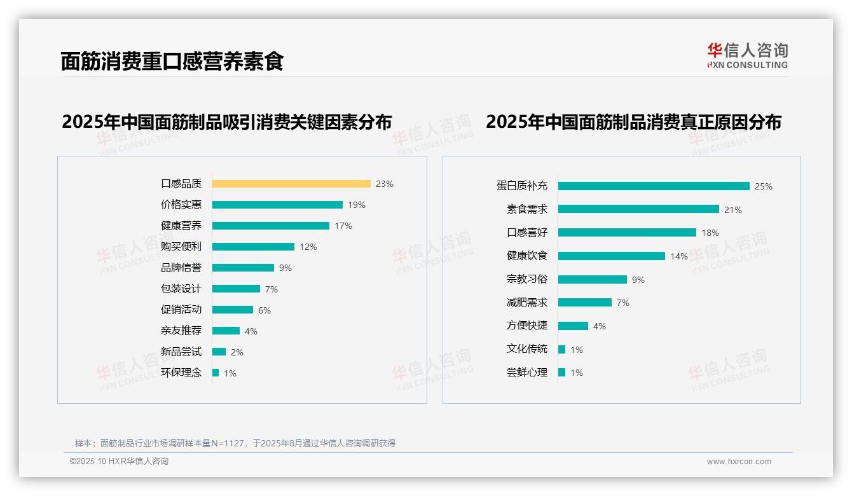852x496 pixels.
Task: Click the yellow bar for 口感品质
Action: [291, 184]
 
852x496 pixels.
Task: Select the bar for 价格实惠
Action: [277, 205]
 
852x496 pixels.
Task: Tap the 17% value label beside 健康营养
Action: [343, 226]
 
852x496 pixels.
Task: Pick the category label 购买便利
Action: [181, 247]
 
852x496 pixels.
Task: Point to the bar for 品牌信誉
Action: [243, 268]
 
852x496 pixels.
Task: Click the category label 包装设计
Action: [181, 289]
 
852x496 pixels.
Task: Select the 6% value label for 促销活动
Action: [265, 310]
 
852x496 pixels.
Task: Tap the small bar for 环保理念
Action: [216, 373]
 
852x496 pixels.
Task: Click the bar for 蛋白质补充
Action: [654, 186]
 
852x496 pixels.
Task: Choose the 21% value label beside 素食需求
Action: [733, 210]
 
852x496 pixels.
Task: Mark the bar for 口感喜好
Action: [627, 233]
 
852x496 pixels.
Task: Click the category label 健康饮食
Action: [527, 256]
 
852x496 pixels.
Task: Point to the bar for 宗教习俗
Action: [593, 279]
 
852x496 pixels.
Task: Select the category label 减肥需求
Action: [527, 303]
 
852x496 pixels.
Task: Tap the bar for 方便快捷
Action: [573, 326]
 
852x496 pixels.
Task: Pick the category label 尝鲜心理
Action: [527, 373]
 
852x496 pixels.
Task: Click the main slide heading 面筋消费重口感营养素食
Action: [172, 61]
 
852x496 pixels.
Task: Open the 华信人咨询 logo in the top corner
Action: [747, 55]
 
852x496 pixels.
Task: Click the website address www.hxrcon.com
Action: [739, 462]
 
